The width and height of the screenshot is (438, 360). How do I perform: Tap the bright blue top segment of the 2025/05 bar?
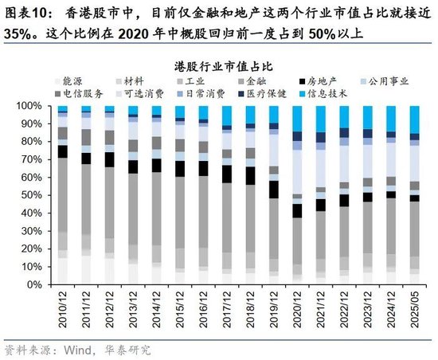coord(414,119)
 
